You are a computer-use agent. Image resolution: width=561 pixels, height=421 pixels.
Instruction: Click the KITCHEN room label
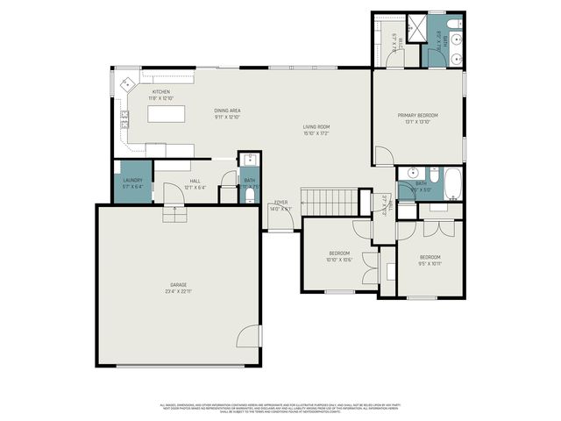pos(161,91)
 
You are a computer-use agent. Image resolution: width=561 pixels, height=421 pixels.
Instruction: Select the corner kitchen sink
pos(125,85)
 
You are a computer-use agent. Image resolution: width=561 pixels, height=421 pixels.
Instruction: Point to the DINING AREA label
pos(227,111)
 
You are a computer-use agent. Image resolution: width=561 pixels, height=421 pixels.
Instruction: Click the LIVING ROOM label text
pos(316,126)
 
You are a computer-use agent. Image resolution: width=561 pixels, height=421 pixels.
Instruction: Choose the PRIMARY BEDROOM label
pos(417,115)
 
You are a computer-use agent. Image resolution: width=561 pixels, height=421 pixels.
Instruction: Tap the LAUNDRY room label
pos(131,180)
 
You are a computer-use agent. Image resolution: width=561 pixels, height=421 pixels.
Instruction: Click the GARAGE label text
pos(179,285)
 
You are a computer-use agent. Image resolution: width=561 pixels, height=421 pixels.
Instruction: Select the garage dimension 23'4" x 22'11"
pos(179,292)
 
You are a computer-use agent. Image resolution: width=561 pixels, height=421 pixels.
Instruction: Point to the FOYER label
pos(280,203)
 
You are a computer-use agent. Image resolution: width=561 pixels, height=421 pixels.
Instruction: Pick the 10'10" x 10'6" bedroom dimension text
pos(338,259)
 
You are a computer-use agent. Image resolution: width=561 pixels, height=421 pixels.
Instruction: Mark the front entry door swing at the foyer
pos(277,222)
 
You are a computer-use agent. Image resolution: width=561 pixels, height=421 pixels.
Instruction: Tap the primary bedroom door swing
pos(382,155)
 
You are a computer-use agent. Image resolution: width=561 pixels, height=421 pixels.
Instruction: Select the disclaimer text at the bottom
pos(280,408)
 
